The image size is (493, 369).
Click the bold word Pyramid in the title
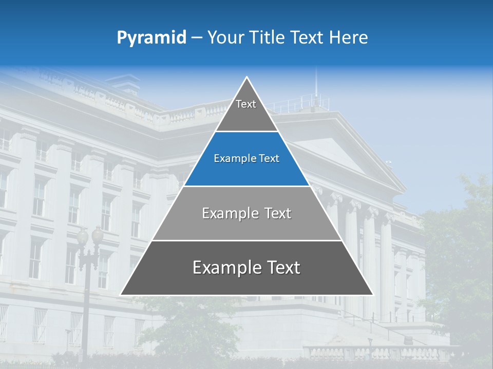151,38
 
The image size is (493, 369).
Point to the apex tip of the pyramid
247,78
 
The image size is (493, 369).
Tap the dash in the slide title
197,38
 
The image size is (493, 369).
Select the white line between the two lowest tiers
246,240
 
